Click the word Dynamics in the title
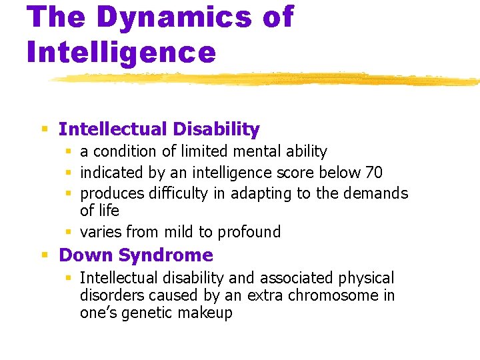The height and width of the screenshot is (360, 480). pyautogui.click(x=174, y=17)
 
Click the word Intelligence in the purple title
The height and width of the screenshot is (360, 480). pyautogui.click(x=121, y=51)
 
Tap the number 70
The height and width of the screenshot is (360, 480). pyautogui.click(x=374, y=173)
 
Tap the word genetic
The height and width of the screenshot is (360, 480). pyautogui.click(x=147, y=313)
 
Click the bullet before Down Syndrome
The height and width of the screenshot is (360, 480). pyautogui.click(x=45, y=255)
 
